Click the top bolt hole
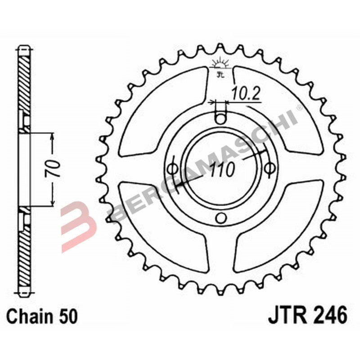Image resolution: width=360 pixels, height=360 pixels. click(x=220, y=119)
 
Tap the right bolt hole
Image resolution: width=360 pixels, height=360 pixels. click(x=270, y=168)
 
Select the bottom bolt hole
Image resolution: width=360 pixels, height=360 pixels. click(x=220, y=218)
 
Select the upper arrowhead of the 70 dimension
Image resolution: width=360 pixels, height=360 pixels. click(x=53, y=138)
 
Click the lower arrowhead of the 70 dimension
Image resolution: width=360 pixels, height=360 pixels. click(x=53, y=202)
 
